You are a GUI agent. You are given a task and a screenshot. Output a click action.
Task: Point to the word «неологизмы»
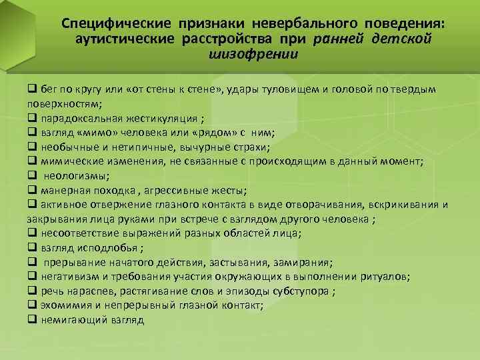(x=75, y=175)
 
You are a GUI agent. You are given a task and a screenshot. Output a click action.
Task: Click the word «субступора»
(x=303, y=291)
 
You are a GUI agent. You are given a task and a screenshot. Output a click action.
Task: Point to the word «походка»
(x=110, y=190)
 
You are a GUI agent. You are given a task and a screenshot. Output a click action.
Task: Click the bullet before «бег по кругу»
(x=31, y=89)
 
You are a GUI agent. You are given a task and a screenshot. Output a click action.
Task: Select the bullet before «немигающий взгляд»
(x=31, y=319)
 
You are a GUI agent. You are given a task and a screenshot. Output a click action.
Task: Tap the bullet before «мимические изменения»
(x=31, y=161)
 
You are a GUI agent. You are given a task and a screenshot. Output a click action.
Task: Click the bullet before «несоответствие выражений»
(x=31, y=233)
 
